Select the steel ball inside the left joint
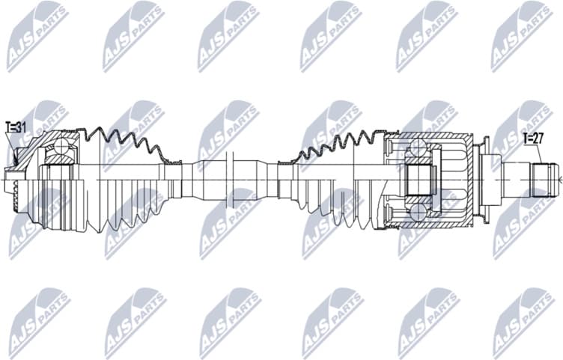(x=58, y=154)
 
